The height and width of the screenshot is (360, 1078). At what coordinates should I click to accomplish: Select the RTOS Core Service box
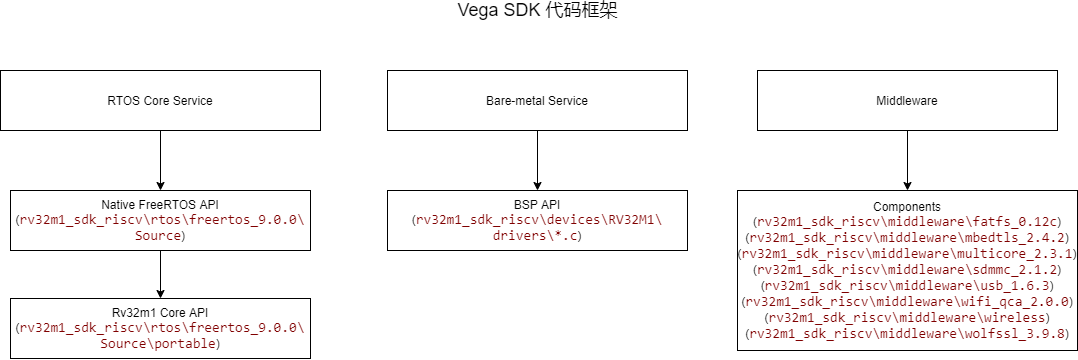(160, 101)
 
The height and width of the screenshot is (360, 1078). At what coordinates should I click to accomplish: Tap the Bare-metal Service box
(538, 101)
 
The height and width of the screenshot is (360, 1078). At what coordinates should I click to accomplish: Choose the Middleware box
(906, 101)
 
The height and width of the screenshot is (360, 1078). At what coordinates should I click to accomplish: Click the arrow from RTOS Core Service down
(160, 159)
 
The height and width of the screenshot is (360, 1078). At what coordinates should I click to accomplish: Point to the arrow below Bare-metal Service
(538, 159)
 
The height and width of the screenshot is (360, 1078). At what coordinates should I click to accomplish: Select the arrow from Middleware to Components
(906, 159)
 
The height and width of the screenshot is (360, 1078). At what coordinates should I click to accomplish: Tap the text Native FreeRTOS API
(160, 204)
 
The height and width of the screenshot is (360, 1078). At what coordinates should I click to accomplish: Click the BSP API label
(538, 204)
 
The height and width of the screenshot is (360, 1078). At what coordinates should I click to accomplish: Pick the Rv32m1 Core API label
(160, 314)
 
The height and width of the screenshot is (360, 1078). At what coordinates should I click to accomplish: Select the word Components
(906, 204)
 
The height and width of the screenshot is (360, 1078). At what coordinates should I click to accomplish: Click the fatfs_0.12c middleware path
(906, 220)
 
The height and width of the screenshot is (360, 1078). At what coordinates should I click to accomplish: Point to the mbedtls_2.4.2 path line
(906, 237)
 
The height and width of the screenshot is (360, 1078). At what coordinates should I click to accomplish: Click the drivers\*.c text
(538, 236)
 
